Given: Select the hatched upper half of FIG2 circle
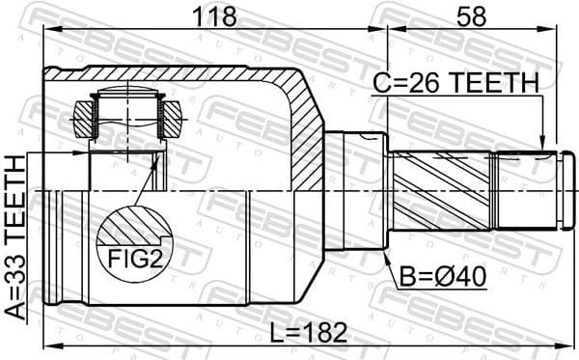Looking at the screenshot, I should pyautogui.click(x=134, y=227).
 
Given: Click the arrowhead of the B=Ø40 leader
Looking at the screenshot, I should pyautogui.click(x=388, y=259).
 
